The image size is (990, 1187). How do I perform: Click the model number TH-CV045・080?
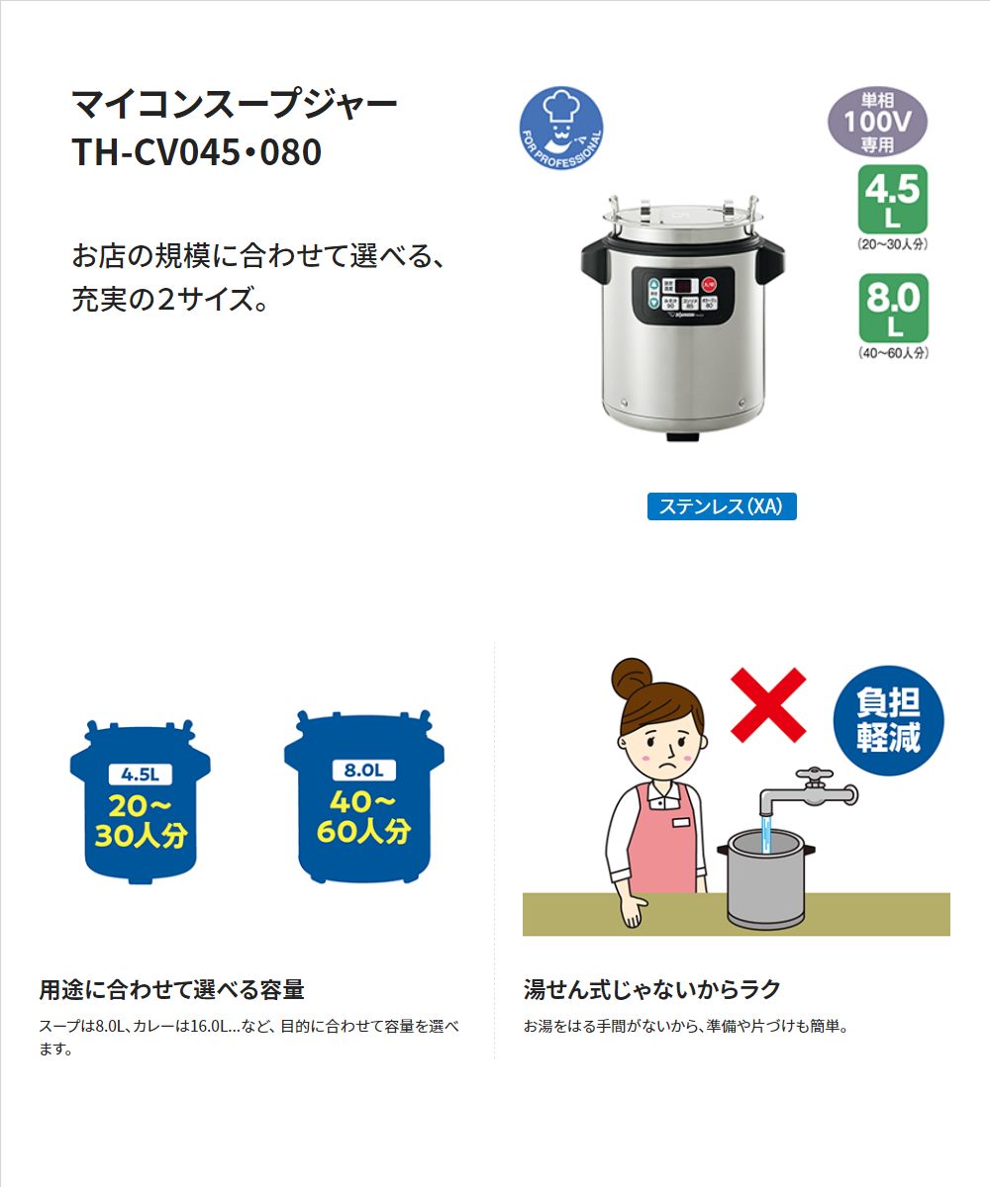(x=196, y=152)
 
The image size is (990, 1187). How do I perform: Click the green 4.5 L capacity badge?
(x=892, y=198)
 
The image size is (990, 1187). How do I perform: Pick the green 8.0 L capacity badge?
(x=892, y=308)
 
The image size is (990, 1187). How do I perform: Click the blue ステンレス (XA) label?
(x=721, y=506)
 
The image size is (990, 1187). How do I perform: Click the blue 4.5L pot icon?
(x=140, y=801)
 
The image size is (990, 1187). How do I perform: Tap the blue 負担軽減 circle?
(x=887, y=720)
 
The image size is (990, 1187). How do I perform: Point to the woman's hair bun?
(x=633, y=679)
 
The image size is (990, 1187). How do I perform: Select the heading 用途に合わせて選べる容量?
(x=171, y=989)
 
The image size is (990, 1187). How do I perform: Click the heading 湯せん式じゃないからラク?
(x=652, y=989)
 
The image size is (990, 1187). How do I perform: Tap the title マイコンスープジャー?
(x=235, y=103)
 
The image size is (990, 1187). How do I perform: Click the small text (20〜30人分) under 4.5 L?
(x=892, y=243)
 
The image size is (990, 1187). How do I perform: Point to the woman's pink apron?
(x=661, y=841)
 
